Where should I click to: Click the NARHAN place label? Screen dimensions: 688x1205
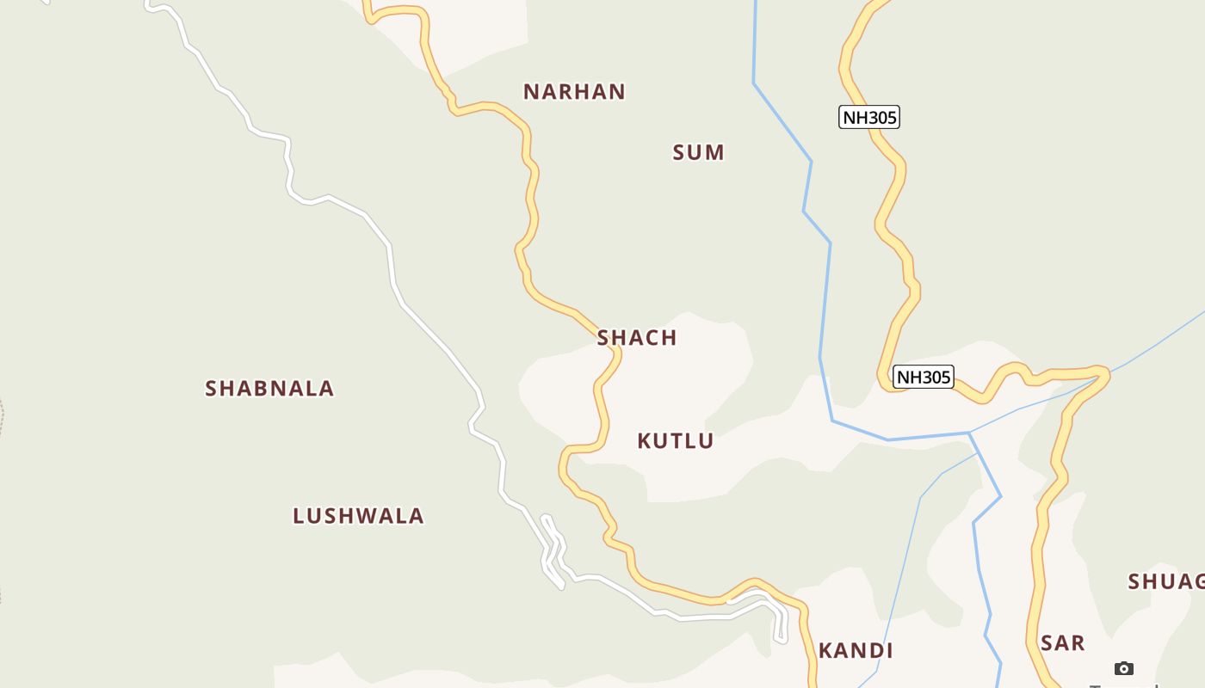[x=574, y=92]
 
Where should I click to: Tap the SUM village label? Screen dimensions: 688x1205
[x=698, y=153]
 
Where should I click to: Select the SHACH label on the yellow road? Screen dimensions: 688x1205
[x=637, y=338]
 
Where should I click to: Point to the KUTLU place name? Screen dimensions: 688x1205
[x=676, y=441]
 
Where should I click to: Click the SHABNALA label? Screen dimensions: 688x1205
[x=269, y=389]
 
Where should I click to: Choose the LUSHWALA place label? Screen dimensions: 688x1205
[x=358, y=516]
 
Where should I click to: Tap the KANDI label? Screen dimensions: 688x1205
[x=856, y=651]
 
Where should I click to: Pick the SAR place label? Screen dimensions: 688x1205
[x=1062, y=643]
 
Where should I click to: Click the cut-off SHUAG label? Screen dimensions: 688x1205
[x=1166, y=582]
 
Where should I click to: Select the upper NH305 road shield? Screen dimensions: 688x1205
[x=869, y=117]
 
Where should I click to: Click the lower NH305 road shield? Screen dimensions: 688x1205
[x=924, y=377]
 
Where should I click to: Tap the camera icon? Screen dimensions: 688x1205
[x=1123, y=668]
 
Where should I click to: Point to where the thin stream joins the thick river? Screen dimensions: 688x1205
[x=969, y=433]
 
